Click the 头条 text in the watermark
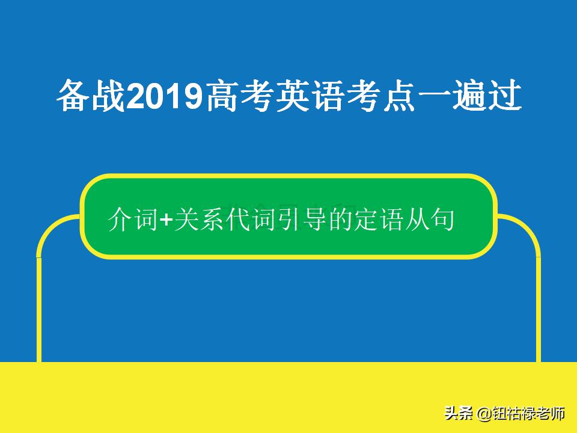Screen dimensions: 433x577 [x=459, y=414]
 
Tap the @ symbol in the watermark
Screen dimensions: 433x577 [x=484, y=414]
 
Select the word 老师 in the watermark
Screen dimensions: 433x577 [x=552, y=414]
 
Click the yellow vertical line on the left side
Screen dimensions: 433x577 [x=40, y=307]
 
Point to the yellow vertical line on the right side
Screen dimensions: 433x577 [x=538, y=307]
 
